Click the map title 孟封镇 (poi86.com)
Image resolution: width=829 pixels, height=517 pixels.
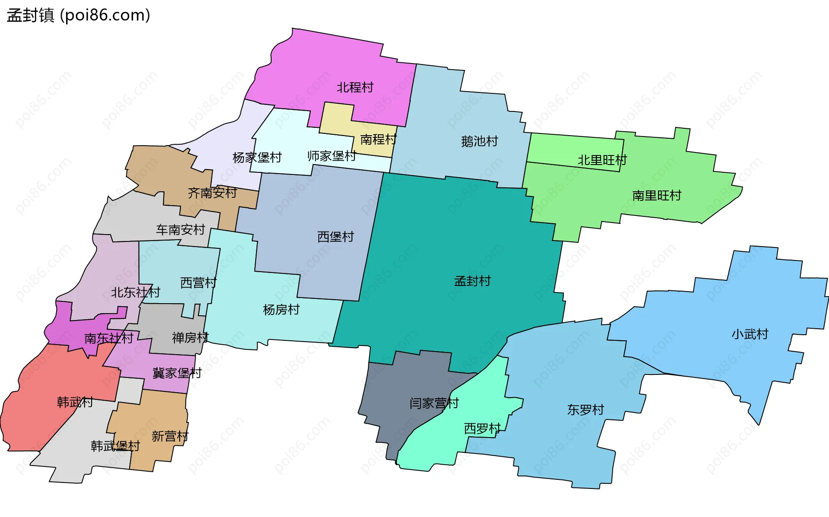79,15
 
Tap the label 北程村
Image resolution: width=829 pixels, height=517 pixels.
355,87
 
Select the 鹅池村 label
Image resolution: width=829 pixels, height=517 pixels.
479,141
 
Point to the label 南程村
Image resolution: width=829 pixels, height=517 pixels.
378,140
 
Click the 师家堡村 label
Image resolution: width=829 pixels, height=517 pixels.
332,156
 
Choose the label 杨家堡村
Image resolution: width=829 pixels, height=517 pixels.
257,157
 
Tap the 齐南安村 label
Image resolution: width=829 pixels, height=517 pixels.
212,193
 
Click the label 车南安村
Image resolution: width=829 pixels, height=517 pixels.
180,230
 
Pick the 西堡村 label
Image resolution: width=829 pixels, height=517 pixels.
335,237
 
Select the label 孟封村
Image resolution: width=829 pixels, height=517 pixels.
472,281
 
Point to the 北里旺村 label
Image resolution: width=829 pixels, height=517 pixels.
602,160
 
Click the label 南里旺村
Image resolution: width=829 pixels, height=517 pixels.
656,196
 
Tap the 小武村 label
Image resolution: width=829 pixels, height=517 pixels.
750,334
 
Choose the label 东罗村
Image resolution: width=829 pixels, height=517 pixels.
585,410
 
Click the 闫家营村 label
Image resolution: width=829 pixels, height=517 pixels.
434,403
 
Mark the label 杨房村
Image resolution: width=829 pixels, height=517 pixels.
281,310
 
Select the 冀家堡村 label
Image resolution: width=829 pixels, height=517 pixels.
177,373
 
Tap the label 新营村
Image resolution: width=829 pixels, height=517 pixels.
170,436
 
